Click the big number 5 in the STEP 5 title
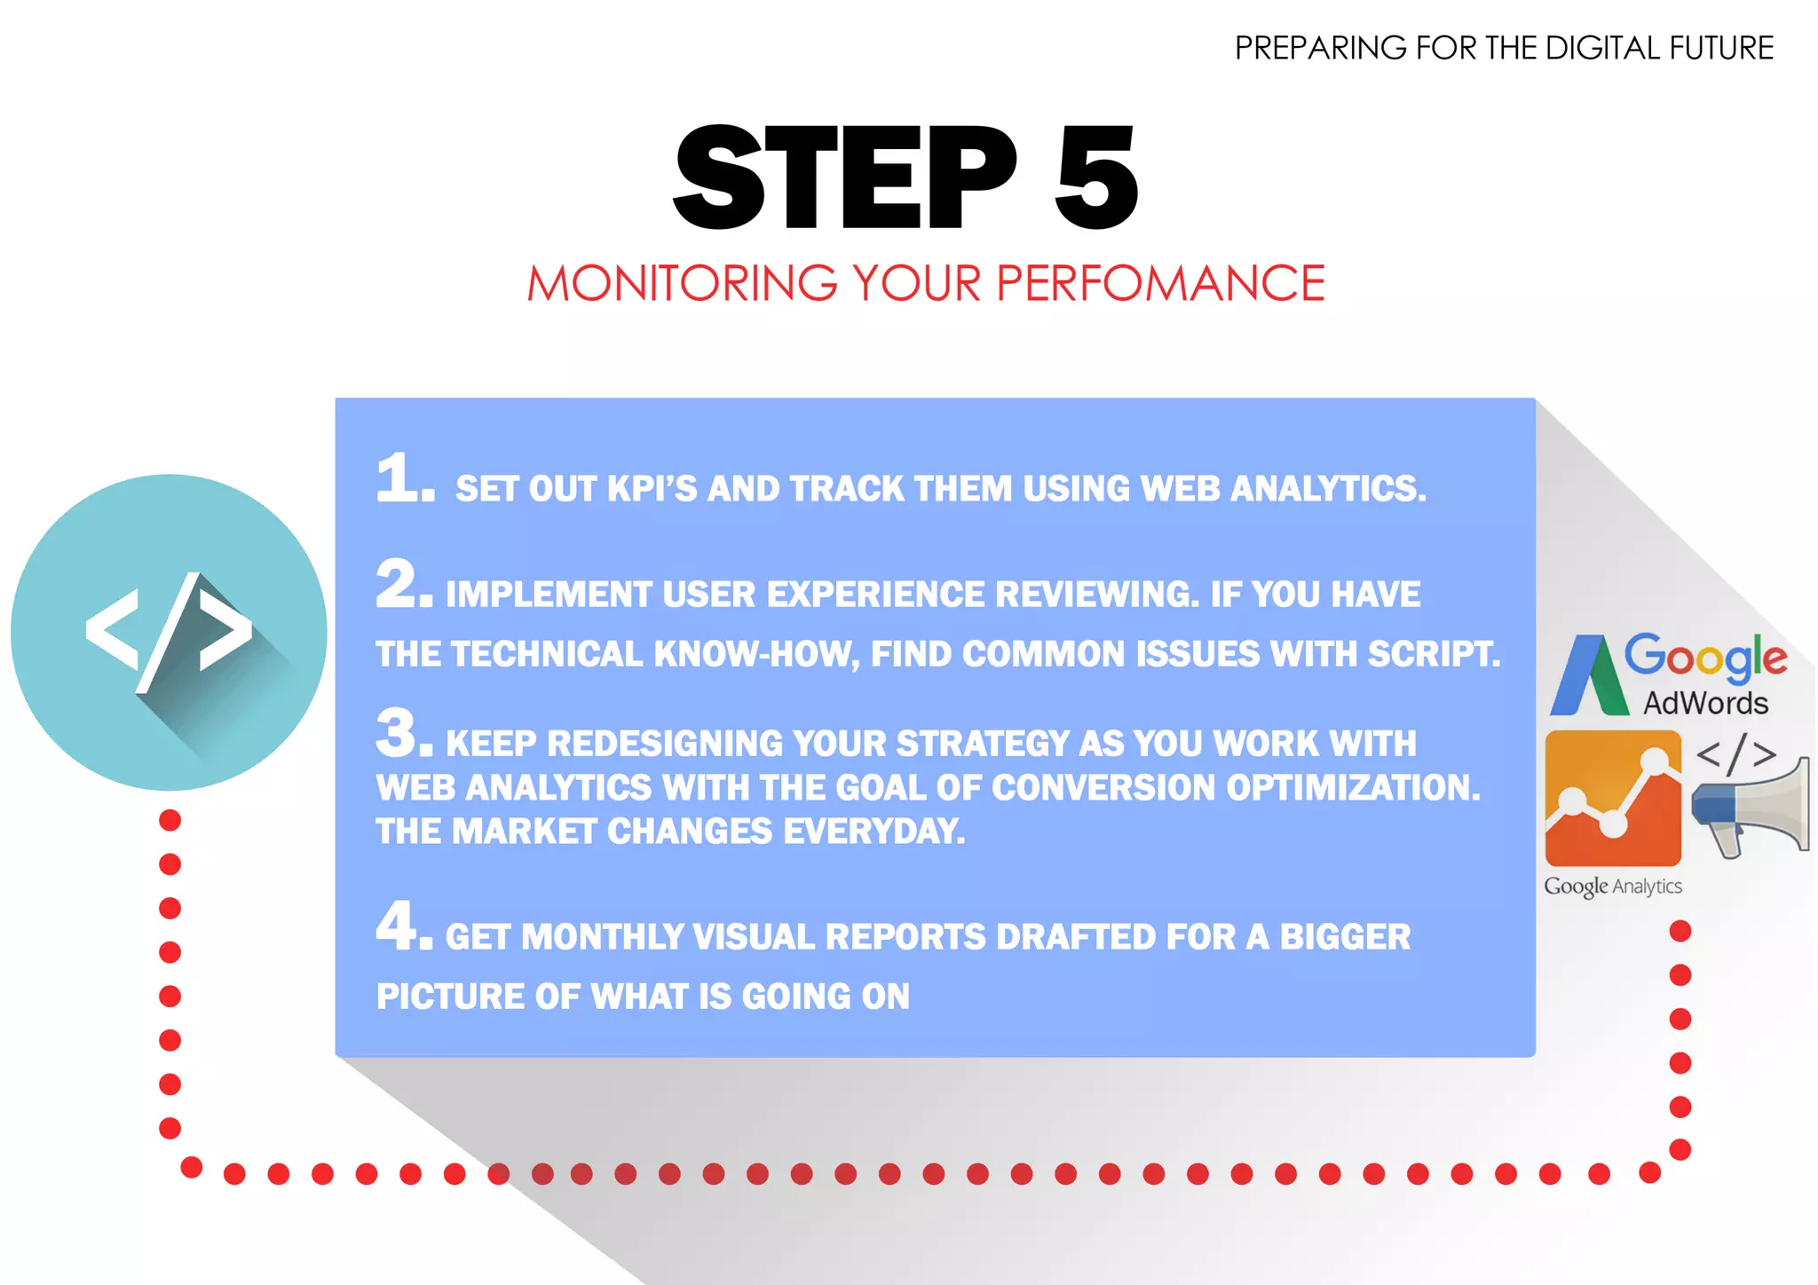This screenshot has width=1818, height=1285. (x=1096, y=177)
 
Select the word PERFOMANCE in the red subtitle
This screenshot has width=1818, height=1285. (x=1160, y=284)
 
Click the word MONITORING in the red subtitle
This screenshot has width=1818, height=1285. (x=682, y=284)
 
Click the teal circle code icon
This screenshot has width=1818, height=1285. (x=169, y=632)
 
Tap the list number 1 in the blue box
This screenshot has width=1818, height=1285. (x=404, y=479)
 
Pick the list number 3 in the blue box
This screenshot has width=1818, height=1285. (x=404, y=734)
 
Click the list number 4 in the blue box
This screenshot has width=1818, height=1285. (x=404, y=926)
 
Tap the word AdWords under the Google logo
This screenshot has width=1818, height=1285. (x=1705, y=703)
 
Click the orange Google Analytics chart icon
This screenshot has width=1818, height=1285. (x=1613, y=798)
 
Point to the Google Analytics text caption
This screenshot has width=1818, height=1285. (x=1613, y=886)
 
